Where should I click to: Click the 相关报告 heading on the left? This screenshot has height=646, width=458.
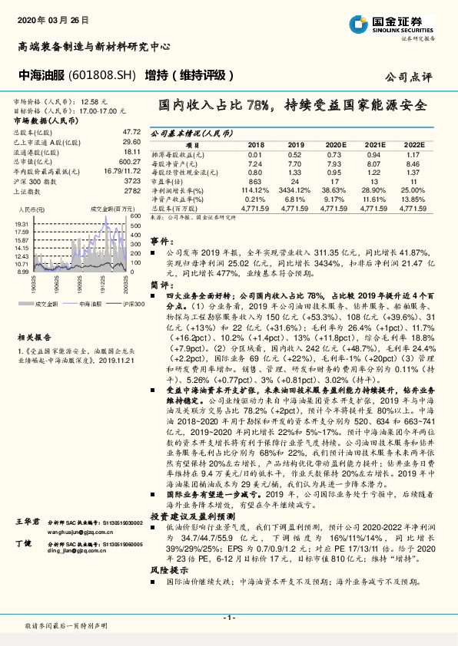pyautogui.click(x=33, y=315)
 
